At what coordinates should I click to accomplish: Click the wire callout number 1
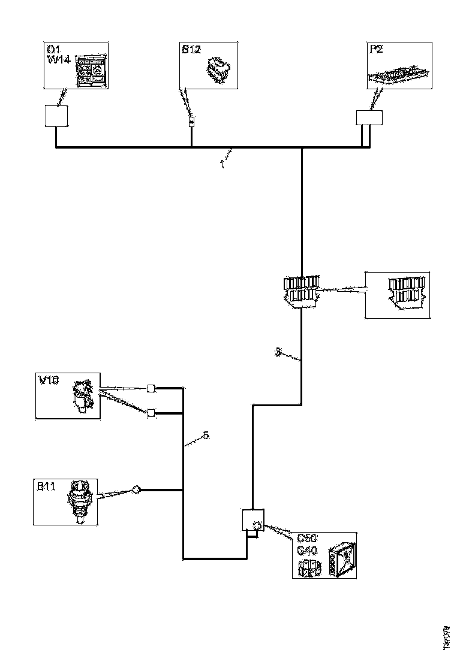coord(222,163)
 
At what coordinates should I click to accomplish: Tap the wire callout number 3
coord(277,353)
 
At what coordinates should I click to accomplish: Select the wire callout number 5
coord(205,436)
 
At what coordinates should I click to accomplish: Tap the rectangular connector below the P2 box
coord(369,117)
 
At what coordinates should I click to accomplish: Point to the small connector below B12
coord(191,123)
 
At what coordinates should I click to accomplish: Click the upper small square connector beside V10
coord(151,388)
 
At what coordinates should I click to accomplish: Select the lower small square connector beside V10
coord(151,412)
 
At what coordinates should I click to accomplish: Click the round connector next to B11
coord(136,490)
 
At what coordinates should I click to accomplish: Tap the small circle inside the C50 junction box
coord(257,525)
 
